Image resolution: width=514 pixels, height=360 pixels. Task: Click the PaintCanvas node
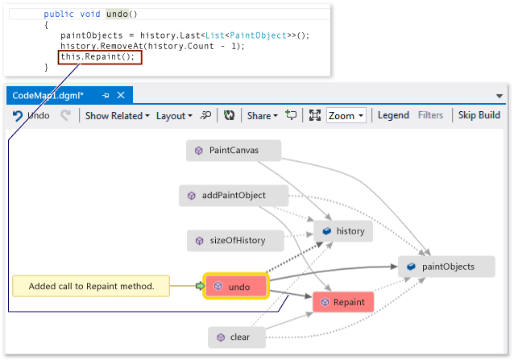(234, 150)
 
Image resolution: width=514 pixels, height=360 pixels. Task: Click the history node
(343, 231)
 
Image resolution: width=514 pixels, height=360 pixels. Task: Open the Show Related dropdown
(118, 115)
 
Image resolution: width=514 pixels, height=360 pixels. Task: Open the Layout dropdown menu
(174, 115)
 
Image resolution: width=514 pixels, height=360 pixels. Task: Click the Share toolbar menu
(262, 115)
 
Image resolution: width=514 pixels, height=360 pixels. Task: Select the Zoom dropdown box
(346, 115)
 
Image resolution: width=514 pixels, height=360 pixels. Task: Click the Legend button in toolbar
(393, 115)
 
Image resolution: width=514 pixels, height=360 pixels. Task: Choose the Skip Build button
(479, 115)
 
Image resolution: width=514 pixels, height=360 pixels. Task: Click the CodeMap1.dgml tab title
(48, 95)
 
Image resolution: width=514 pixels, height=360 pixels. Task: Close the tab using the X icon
(122, 95)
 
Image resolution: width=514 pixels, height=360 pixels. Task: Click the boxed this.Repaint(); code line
(100, 57)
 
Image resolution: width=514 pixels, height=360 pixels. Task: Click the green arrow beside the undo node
(199, 286)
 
